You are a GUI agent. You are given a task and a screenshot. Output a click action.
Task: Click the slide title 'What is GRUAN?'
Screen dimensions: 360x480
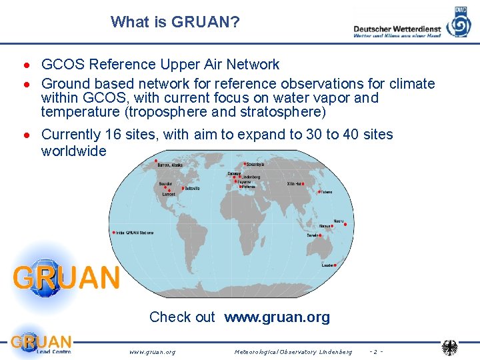pyautogui.click(x=175, y=22)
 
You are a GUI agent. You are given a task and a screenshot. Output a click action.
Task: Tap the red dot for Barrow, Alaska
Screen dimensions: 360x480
pyautogui.click(x=155, y=162)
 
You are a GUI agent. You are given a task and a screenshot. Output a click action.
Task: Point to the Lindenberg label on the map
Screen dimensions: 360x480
pyautogui.click(x=251, y=177)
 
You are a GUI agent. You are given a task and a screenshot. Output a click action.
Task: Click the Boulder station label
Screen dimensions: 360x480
pyautogui.click(x=165, y=183)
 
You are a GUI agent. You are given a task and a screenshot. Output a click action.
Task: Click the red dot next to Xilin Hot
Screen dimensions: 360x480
pyautogui.click(x=303, y=183)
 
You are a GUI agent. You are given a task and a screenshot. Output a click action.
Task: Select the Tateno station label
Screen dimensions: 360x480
pyautogui.click(x=325, y=192)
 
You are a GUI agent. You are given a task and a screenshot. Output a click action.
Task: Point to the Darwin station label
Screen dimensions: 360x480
pyautogui.click(x=312, y=235)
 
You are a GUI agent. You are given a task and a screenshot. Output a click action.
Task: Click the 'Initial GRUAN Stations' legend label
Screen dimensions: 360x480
pyautogui.click(x=135, y=233)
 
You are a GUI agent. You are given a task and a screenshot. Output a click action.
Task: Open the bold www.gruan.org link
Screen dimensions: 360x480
pyautogui.click(x=277, y=317)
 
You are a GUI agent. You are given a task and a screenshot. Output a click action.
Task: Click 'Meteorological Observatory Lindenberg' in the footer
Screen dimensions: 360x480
pyautogui.click(x=293, y=351)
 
